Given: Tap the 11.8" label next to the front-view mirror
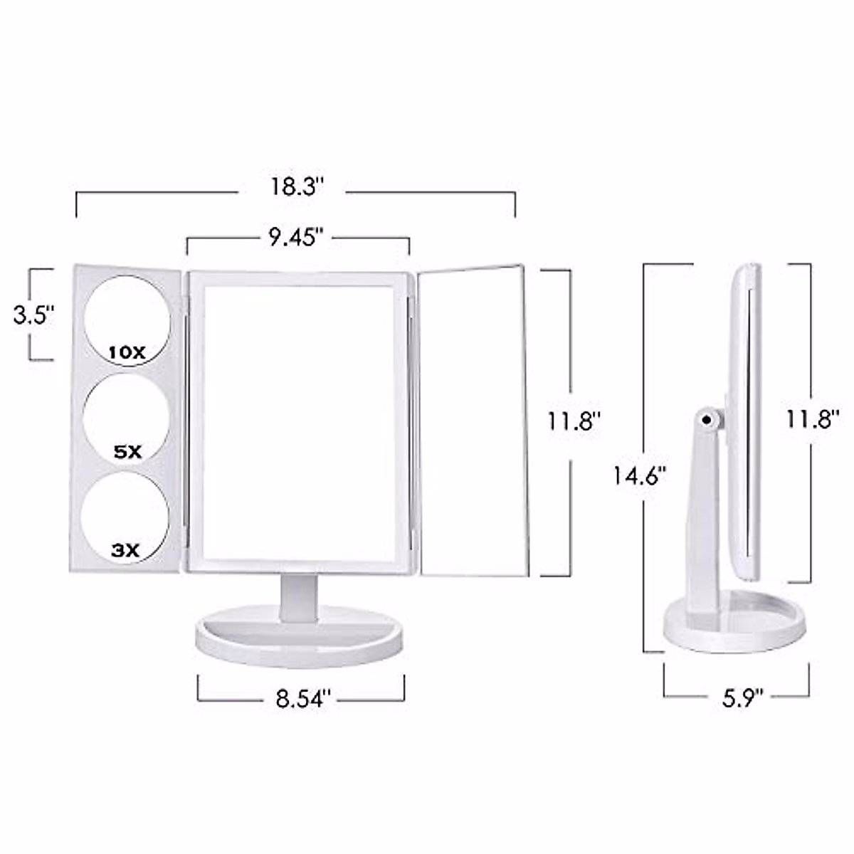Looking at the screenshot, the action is coord(574,421).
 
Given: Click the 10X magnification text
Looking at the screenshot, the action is coord(127,352).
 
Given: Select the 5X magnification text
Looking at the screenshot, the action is coord(127,452).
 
